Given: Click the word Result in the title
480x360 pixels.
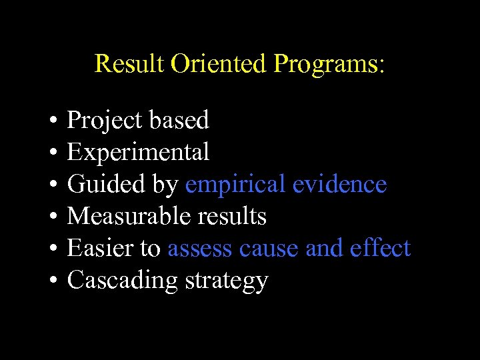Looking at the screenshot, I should [130, 64].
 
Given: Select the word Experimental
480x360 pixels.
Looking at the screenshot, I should [138, 153].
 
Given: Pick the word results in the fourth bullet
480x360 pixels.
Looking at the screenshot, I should [231, 216].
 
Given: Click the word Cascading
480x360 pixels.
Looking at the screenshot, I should [123, 281].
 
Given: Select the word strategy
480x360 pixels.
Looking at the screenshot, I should [226, 281].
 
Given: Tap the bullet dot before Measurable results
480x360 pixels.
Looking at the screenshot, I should [51, 217].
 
